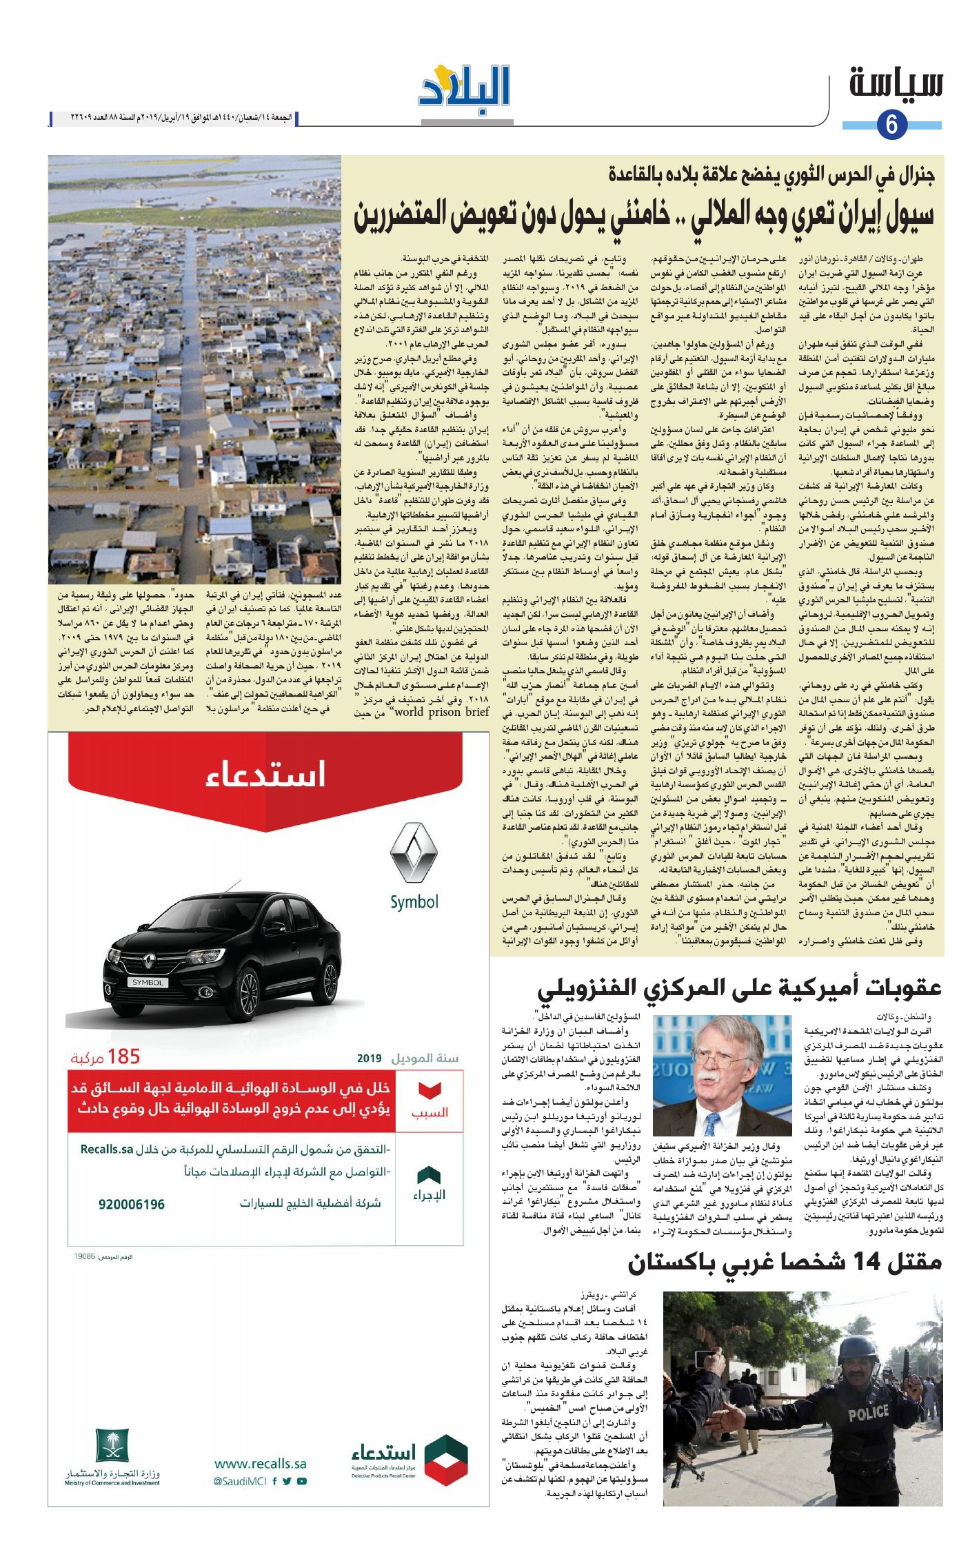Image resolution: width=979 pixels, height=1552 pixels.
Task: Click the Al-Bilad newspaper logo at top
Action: (465, 88)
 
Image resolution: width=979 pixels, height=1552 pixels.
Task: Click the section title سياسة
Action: (896, 83)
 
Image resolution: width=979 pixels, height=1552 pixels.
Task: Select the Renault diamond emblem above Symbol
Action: (414, 853)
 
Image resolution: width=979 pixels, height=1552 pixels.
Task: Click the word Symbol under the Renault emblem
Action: (414, 902)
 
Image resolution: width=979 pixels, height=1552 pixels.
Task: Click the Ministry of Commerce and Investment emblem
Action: (112, 1445)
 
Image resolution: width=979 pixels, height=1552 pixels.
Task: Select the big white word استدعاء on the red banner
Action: (265, 773)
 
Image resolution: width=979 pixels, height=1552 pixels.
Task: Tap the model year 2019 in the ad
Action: (369, 1058)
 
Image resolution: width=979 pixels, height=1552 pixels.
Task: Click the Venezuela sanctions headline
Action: (739, 988)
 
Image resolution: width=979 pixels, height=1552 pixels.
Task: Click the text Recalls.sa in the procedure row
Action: (106, 1149)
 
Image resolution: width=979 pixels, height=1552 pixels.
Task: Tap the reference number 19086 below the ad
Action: (84, 1257)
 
